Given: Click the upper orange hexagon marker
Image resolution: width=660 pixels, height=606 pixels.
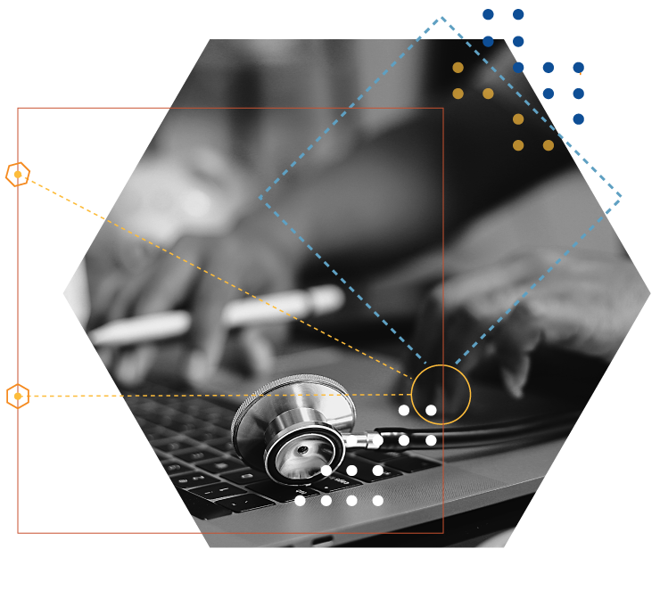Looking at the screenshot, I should coord(18,174).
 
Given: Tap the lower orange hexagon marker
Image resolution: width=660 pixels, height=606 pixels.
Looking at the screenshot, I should coord(18,396).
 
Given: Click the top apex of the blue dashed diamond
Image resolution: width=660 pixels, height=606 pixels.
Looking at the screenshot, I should coord(441,17).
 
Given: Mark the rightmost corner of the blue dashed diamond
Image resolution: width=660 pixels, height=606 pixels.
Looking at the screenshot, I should coord(621,197).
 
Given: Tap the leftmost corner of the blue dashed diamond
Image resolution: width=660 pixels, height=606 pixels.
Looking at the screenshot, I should coord(260,198).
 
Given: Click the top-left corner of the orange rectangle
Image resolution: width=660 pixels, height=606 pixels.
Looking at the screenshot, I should coord(18,109).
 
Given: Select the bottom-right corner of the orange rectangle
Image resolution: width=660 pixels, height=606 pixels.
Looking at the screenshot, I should coord(443,533).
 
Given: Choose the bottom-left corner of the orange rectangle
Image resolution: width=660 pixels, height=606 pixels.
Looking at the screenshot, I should coord(18,533).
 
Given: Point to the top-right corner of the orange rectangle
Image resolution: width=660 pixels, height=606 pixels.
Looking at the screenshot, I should coord(443,109).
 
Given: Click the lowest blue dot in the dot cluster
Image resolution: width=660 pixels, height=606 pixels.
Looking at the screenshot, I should coord(578,119).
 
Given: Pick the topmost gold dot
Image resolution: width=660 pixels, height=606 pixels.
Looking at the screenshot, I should coord(458,68).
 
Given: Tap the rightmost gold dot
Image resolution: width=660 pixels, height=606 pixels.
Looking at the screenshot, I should coord(549,145).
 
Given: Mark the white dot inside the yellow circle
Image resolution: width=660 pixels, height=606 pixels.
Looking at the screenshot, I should coord(431,410).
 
